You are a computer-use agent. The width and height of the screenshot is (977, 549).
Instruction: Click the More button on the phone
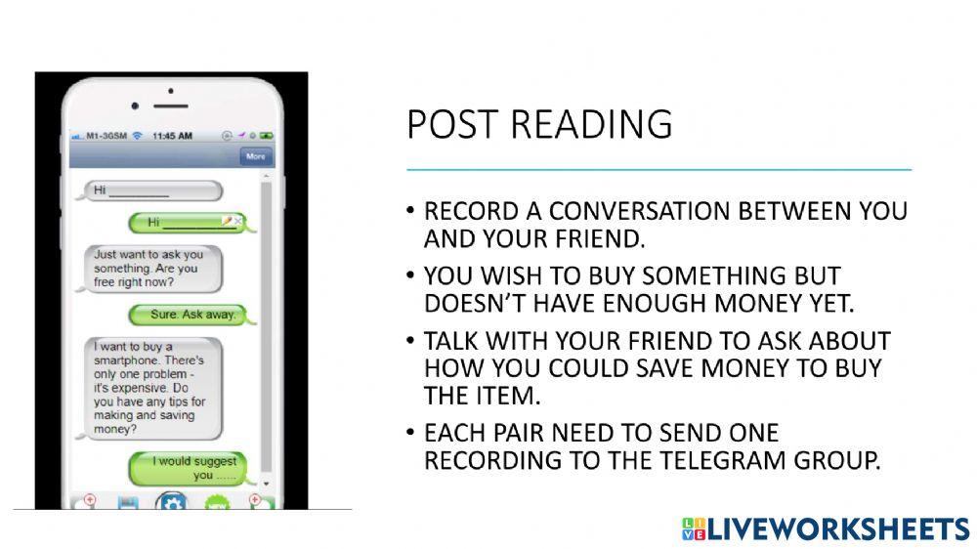(x=256, y=156)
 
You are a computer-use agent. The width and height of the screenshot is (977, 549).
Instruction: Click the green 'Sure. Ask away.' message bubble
(x=194, y=315)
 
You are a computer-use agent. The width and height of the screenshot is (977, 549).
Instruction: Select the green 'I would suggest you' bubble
(x=198, y=468)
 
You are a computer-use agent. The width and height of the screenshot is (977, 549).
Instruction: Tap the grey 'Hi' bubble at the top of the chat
(x=153, y=190)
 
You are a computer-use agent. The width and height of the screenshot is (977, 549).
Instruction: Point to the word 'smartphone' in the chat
(x=128, y=360)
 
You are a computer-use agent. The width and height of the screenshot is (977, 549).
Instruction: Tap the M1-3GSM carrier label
(x=105, y=136)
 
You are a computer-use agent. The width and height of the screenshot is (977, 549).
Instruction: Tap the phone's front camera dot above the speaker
(x=171, y=92)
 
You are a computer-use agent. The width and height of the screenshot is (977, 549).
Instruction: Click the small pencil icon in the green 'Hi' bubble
(x=227, y=222)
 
